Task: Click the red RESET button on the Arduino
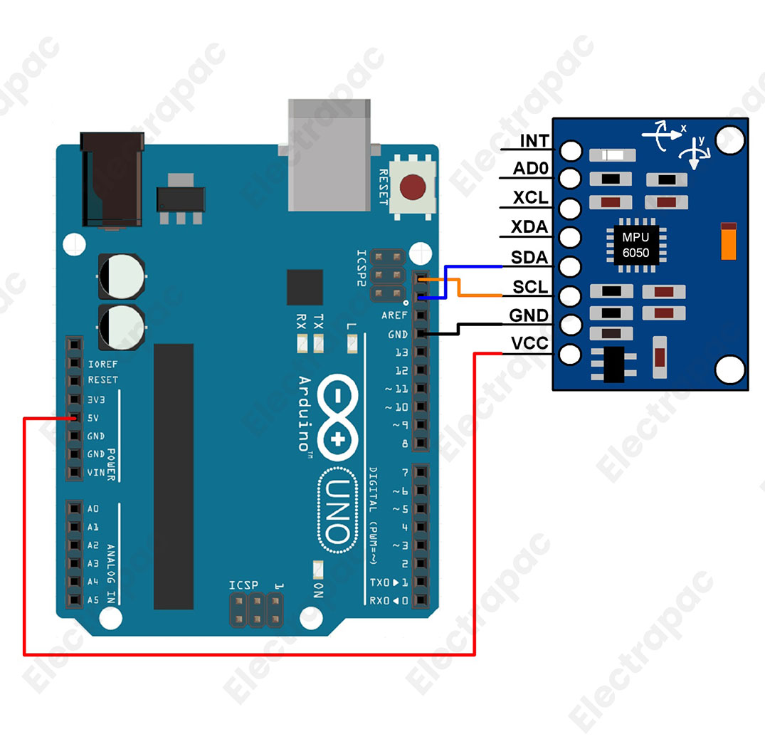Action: click(413, 187)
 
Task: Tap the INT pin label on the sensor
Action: click(534, 141)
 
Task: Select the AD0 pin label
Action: click(531, 169)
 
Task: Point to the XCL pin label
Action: click(531, 198)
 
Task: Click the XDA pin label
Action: click(530, 228)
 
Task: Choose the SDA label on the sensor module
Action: click(530, 258)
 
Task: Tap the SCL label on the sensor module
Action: click(531, 287)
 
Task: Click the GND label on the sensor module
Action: click(529, 315)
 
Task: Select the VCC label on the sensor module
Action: click(530, 344)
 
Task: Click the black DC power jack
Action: click(112, 179)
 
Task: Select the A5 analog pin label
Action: click(93, 600)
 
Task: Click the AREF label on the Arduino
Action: click(394, 315)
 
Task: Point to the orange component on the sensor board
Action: click(728, 242)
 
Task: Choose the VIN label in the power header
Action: click(95, 472)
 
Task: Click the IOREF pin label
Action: click(102, 363)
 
